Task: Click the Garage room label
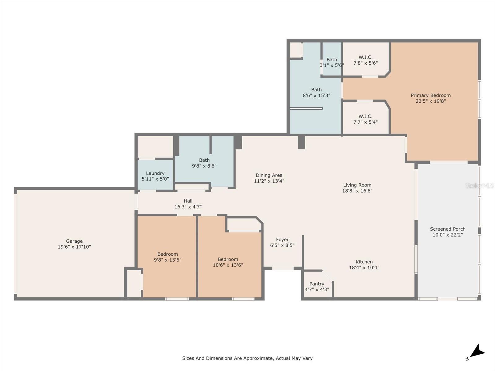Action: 74,241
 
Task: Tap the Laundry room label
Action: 155,173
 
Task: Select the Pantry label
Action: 317,284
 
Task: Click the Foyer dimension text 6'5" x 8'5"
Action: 282,245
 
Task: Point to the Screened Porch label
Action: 448,229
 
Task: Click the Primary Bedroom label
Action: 431,96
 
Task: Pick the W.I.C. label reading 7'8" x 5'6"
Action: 365,60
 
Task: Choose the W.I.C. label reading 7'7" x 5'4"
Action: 365,119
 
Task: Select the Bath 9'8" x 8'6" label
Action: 204,163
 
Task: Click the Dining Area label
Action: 269,175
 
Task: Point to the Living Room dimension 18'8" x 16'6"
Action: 357,191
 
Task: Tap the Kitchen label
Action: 364,262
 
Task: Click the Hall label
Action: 188,201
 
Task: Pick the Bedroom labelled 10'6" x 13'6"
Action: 228,262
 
